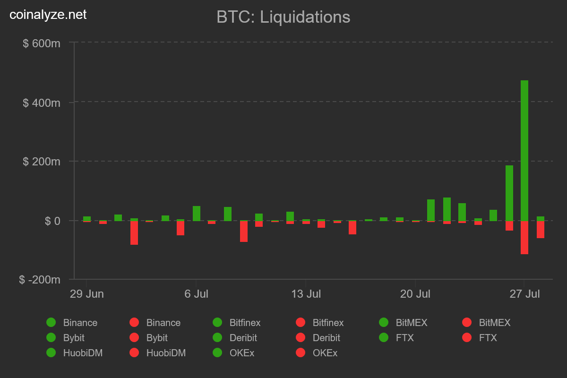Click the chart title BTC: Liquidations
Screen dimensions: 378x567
(283, 17)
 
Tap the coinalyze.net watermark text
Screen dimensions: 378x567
(48, 15)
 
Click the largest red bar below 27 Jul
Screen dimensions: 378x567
(524, 237)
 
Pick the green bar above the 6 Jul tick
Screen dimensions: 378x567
(197, 214)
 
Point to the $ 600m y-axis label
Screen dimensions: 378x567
(42, 43)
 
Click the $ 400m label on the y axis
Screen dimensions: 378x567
(42, 103)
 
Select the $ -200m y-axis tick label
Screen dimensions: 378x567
(40, 280)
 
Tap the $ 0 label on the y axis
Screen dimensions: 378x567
(52, 221)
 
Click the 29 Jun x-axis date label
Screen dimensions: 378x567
(87, 294)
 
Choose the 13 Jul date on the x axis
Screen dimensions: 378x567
(306, 294)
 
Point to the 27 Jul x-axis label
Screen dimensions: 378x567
(524, 294)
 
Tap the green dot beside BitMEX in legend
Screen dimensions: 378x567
(384, 323)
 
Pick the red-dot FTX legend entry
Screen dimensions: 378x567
(467, 338)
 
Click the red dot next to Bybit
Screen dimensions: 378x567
(134, 338)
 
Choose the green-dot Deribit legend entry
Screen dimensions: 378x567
(217, 338)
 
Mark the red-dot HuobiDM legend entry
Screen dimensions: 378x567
(134, 353)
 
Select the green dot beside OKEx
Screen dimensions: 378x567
(217, 353)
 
